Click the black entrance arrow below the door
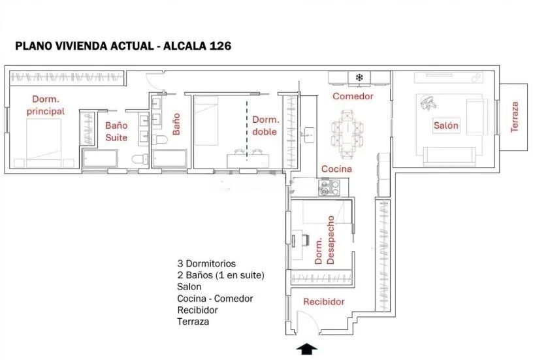pyautogui.click(x=307, y=349)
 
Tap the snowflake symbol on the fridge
pyautogui.click(x=359, y=78)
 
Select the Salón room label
pyautogui.click(x=446, y=125)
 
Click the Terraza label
pyautogui.click(x=515, y=117)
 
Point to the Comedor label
pyautogui.click(x=353, y=96)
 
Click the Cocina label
pyautogui.click(x=336, y=169)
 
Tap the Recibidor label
pyautogui.click(x=323, y=302)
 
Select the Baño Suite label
pyautogui.click(x=116, y=131)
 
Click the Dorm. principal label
pyautogui.click(x=46, y=105)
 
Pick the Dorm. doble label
pyautogui.click(x=265, y=125)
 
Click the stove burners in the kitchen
pyautogui.click(x=329, y=188)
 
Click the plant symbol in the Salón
pyautogui.click(x=427, y=103)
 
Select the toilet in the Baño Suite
pyautogui.click(x=140, y=159)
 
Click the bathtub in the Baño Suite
pyautogui.click(x=100, y=158)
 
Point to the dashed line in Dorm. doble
pyautogui.click(x=247, y=130)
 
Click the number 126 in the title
pyautogui.click(x=221, y=46)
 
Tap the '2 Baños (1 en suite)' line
pyautogui.click(x=221, y=275)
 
